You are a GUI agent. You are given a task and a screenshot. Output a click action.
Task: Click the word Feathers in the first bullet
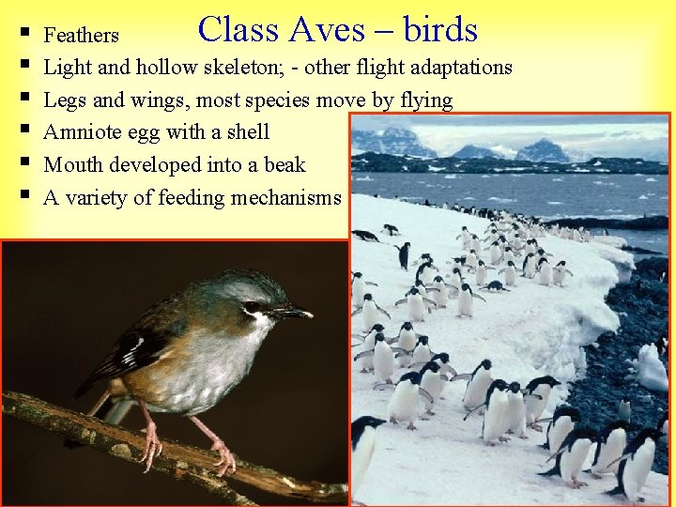click(x=82, y=36)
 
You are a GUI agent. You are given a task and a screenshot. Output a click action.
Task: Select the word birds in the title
click(x=440, y=30)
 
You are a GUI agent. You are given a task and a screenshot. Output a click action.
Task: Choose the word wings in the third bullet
click(x=158, y=100)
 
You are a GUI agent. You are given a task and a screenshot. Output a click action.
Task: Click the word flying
click(x=422, y=100)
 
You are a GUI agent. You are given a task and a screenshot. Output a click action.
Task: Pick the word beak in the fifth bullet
click(x=284, y=165)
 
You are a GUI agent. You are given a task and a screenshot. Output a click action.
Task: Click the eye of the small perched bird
click(x=252, y=307)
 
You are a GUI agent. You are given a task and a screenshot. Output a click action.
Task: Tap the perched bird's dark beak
click(x=293, y=313)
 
